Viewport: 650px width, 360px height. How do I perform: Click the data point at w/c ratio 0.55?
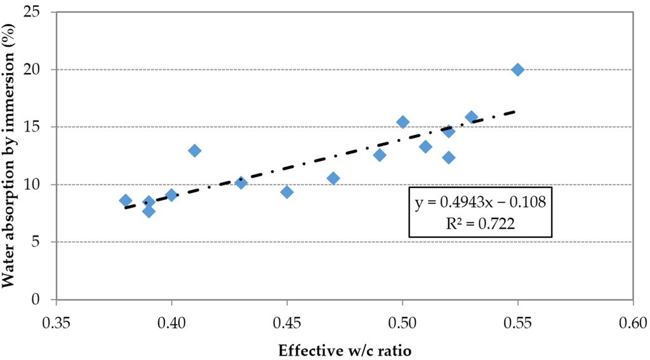coord(517,70)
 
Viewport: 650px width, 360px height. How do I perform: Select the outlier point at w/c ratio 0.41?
coord(194,150)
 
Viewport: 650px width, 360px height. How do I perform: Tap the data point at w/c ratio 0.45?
coord(286,192)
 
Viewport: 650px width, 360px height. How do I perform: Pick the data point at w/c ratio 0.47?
coord(333,178)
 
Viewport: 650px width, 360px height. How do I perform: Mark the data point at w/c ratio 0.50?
coord(402,122)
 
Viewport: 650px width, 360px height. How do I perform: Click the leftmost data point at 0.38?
coord(126,201)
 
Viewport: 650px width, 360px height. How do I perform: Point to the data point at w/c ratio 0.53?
coord(472,117)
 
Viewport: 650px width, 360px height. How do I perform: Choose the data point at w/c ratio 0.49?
coord(380,155)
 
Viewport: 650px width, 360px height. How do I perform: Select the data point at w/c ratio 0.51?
coord(425,147)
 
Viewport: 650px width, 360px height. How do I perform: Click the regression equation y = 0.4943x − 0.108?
coord(481,202)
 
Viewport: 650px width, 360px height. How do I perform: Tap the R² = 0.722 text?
coord(480,223)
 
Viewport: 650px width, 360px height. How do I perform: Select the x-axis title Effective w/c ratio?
coord(345,350)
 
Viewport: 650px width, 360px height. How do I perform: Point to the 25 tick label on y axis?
coord(44,11)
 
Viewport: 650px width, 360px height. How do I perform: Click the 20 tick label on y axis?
coord(44,69)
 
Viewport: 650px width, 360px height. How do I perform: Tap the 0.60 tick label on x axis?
coord(633,323)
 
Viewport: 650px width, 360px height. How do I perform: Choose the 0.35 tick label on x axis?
coord(56,323)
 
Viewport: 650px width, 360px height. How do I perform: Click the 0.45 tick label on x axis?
coord(287,323)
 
